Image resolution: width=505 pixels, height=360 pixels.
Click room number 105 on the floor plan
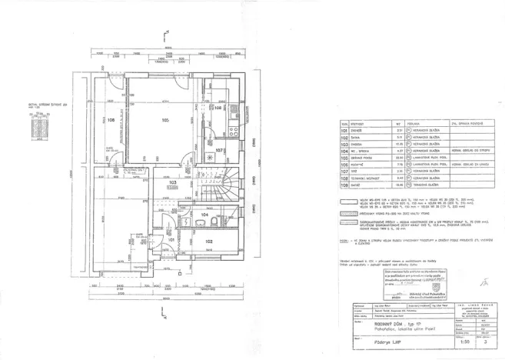[165, 120]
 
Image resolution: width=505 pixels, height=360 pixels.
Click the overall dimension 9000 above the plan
[168, 48]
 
